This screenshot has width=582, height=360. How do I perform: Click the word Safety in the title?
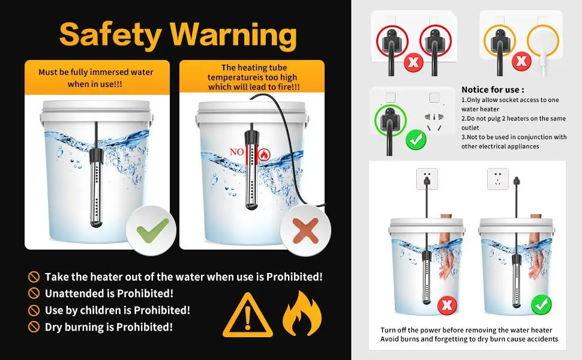click(110, 34)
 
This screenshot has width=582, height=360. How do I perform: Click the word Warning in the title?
click(233, 34)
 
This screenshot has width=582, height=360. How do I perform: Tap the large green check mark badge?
click(151, 230)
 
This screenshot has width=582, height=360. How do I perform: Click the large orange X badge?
click(305, 230)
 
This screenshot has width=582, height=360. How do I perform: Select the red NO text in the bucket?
click(236, 152)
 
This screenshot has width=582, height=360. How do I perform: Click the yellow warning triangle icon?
click(248, 316)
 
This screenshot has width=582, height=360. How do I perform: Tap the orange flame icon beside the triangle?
click(302, 313)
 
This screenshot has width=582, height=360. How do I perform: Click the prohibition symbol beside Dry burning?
click(34, 327)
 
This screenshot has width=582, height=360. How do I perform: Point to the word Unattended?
click(76, 293)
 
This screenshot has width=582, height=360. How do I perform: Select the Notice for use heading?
click(493, 89)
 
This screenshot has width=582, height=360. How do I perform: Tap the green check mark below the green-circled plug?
click(416, 140)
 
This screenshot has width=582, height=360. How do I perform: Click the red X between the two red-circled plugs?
click(413, 62)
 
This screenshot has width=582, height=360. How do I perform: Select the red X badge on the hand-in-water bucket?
click(447, 305)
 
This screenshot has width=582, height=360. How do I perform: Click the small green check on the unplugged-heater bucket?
click(541, 304)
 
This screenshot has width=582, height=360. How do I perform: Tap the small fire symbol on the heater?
click(264, 154)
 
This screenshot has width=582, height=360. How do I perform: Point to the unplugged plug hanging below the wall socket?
click(516, 182)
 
